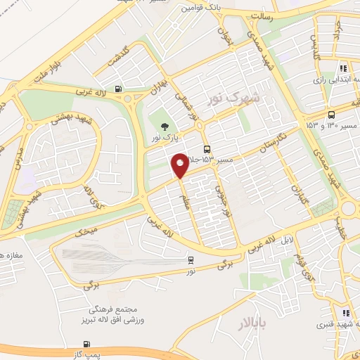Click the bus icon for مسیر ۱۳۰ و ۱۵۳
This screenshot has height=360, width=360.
[331, 115]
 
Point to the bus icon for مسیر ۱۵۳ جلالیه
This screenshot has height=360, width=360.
[206, 149]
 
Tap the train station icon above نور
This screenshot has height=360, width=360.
[192, 259]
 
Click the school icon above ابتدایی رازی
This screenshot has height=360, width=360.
[343, 69]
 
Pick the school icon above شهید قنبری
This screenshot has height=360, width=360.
[345, 313]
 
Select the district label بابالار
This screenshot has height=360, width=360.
[250, 324]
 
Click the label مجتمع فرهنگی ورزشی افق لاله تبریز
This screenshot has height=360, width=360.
[117, 315]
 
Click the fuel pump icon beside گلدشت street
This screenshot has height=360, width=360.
[117, 89]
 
